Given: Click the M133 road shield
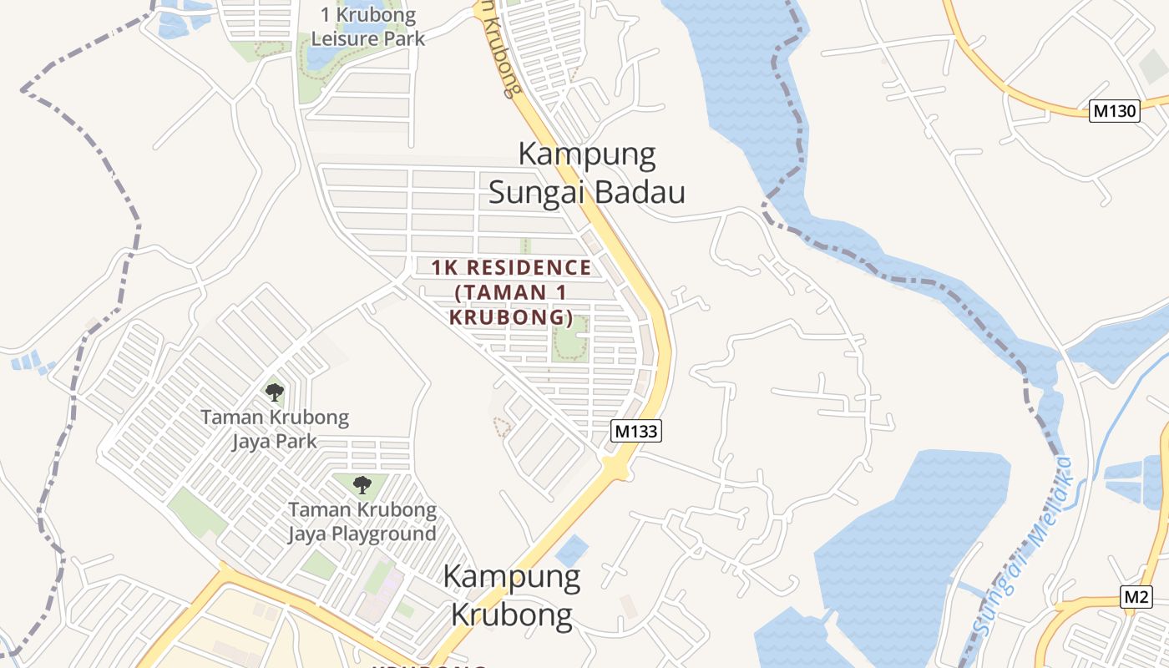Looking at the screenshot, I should pyautogui.click(x=636, y=431).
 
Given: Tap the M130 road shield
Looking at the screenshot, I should pyautogui.click(x=1115, y=111).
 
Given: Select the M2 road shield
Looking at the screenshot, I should pyautogui.click(x=1136, y=597).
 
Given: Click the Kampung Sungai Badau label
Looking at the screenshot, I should pyautogui.click(x=586, y=173).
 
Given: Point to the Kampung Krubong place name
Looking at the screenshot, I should pyautogui.click(x=512, y=595).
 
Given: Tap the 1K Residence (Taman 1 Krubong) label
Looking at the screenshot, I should pyautogui.click(x=511, y=292).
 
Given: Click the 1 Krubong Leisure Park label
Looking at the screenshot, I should pyautogui.click(x=368, y=27).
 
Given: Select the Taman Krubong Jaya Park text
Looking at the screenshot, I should pyautogui.click(x=275, y=428).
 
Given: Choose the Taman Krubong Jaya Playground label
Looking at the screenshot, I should pyautogui.click(x=362, y=521).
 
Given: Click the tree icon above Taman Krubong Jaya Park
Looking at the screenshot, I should pyautogui.click(x=274, y=392).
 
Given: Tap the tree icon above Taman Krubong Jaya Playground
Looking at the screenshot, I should pyautogui.click(x=362, y=484).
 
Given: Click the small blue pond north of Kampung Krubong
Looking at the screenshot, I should pyautogui.click(x=571, y=550).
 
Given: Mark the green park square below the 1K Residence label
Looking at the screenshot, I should pyautogui.click(x=569, y=339).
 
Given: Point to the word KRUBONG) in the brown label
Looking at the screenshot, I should pyautogui.click(x=511, y=318).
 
